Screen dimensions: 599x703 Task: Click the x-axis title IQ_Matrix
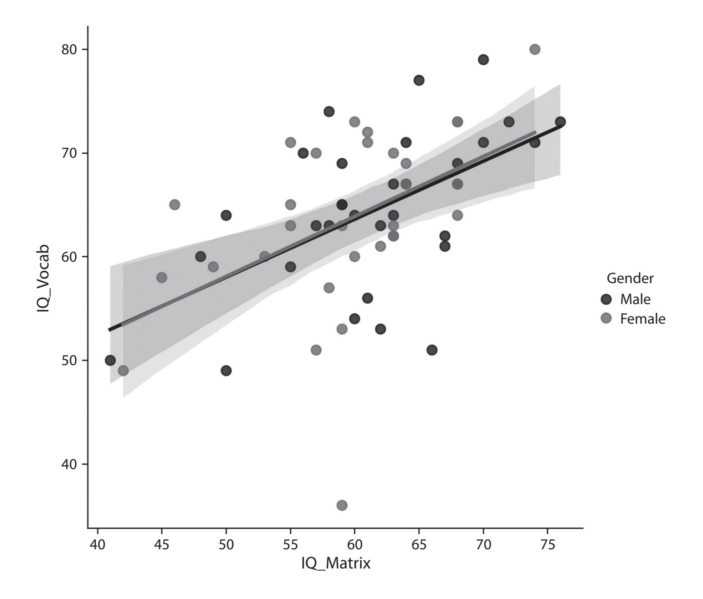click(335, 563)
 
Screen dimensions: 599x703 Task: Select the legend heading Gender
click(630, 278)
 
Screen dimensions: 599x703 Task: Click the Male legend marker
click(606, 299)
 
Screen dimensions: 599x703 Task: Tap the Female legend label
click(642, 319)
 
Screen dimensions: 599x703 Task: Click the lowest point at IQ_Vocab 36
click(342, 505)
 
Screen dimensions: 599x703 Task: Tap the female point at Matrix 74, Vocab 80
click(535, 49)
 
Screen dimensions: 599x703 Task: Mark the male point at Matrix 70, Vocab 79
click(483, 60)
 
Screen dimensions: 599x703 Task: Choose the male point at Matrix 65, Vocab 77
click(419, 80)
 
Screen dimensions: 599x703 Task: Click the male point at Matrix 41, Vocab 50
click(110, 360)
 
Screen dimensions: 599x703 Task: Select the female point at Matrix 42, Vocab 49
click(123, 371)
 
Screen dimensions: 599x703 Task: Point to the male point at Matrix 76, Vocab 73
click(560, 122)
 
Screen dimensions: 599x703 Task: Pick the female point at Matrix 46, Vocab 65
click(174, 205)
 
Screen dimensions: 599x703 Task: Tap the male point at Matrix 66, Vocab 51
click(432, 350)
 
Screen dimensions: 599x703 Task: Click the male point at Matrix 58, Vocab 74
click(329, 111)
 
